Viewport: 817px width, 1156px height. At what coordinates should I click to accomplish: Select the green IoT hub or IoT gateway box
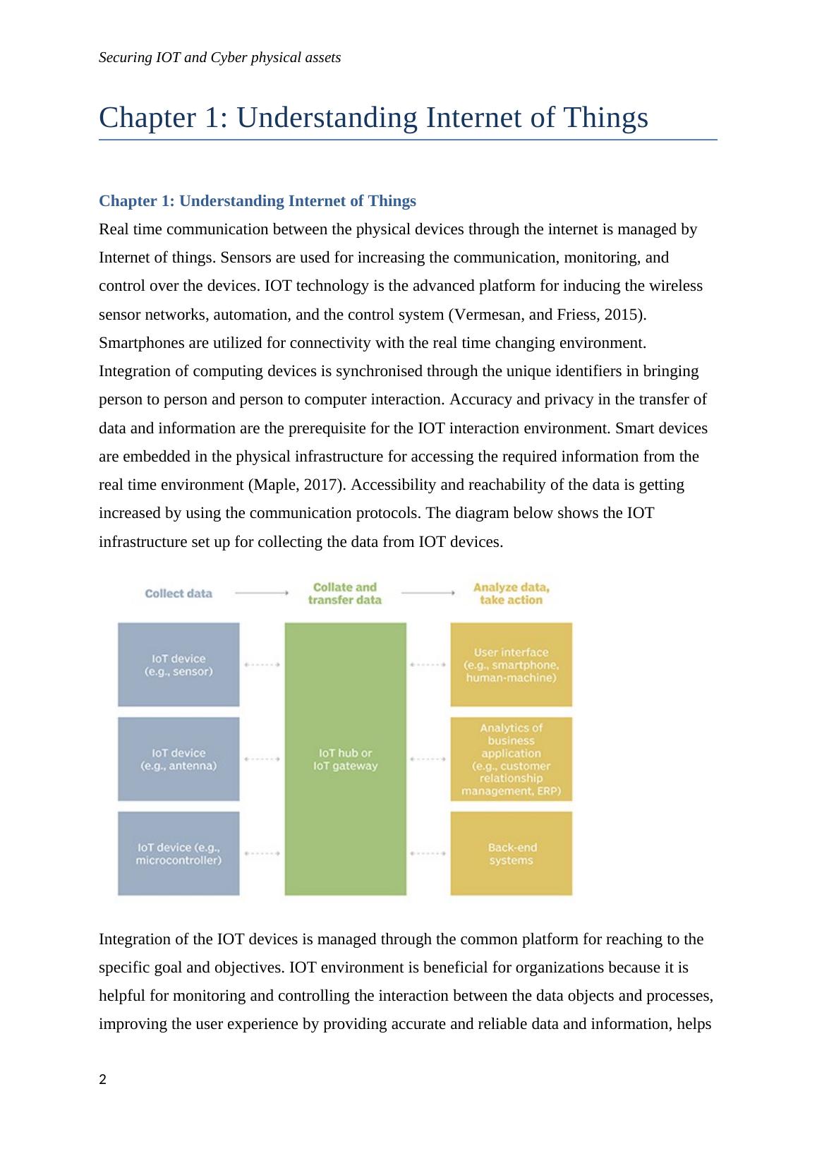click(345, 759)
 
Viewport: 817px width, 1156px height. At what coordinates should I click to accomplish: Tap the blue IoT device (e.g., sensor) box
click(178, 664)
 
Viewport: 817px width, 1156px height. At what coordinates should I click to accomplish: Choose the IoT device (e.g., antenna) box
click(178, 759)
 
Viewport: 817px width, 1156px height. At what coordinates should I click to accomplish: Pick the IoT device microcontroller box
click(178, 853)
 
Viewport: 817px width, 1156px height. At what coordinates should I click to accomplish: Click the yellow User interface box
click(511, 664)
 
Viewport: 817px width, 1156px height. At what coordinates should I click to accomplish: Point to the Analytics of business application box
click(511, 759)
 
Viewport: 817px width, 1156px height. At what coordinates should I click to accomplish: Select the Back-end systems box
click(511, 853)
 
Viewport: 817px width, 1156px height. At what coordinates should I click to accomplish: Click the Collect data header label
click(178, 594)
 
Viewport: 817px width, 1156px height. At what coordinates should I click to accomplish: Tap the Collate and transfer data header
click(345, 594)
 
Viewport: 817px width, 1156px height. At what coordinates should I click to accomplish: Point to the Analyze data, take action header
click(511, 594)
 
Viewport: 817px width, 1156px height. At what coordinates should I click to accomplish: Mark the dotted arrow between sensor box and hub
click(262, 664)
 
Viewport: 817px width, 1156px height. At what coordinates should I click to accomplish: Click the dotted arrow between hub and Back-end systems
click(428, 853)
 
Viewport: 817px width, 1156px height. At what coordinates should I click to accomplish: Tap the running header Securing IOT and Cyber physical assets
click(220, 58)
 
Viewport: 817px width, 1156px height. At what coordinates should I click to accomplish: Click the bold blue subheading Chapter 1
click(258, 201)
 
